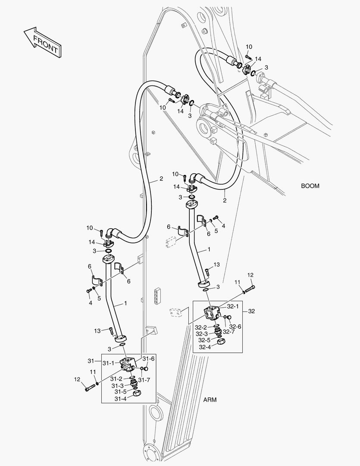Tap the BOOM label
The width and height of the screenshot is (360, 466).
(x=310, y=186)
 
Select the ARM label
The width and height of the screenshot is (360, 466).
(x=210, y=400)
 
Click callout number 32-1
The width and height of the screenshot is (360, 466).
(x=233, y=306)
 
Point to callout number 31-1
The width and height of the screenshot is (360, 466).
(x=108, y=363)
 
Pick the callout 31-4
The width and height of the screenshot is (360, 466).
(x=120, y=399)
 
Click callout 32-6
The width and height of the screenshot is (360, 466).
(x=235, y=327)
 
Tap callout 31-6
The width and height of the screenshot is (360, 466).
(x=149, y=359)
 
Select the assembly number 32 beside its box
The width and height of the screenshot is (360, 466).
(x=252, y=311)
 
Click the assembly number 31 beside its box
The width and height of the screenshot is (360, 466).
(x=91, y=361)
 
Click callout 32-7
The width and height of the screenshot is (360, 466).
(x=229, y=332)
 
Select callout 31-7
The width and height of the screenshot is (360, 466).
(x=144, y=380)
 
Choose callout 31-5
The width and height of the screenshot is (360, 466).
(x=120, y=392)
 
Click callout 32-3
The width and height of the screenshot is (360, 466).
(x=201, y=334)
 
